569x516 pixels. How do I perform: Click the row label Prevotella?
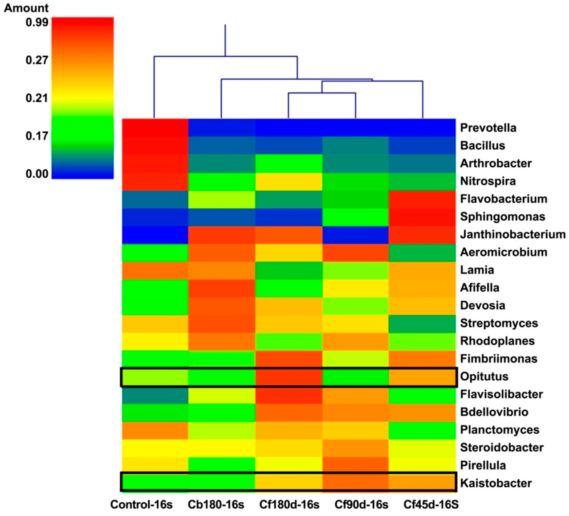click(x=488, y=128)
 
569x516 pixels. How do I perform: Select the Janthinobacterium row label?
click(x=513, y=234)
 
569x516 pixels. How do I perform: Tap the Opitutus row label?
click(x=484, y=377)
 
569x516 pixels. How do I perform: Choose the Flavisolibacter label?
click(x=501, y=394)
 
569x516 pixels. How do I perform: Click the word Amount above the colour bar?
click(x=26, y=8)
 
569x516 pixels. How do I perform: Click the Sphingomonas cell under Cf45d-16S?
click(x=422, y=217)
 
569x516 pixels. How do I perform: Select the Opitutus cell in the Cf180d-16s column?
click(x=289, y=377)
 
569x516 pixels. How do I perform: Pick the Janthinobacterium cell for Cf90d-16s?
click(x=355, y=234)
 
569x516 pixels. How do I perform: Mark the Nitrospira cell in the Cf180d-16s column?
click(x=289, y=181)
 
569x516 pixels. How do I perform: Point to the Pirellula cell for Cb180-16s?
click(x=222, y=465)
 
